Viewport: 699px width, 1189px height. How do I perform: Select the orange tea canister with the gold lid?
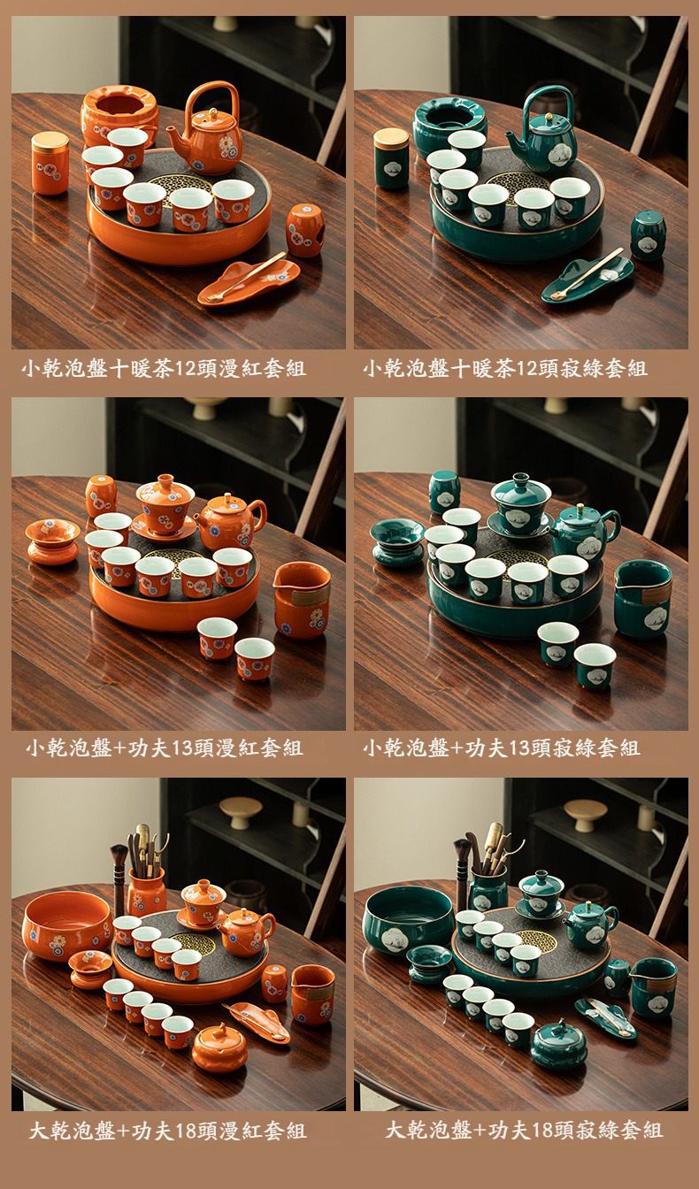click(x=50, y=163)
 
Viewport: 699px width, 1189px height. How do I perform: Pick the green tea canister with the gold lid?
click(x=392, y=158)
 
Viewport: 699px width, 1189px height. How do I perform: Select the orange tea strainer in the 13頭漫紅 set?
click(x=52, y=541)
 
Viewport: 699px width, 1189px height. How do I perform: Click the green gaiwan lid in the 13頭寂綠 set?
click(x=515, y=488)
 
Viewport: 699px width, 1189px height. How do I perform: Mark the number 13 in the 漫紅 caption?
click(x=181, y=748)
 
